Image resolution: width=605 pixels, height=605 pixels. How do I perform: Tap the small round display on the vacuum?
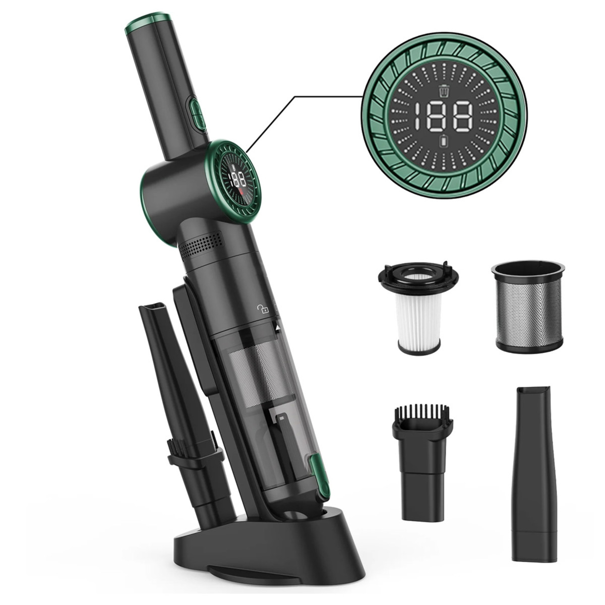tap(239, 180)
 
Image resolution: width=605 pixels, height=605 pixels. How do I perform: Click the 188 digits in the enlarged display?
tap(447, 117)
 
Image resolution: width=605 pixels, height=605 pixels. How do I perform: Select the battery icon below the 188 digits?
tap(444, 142)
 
